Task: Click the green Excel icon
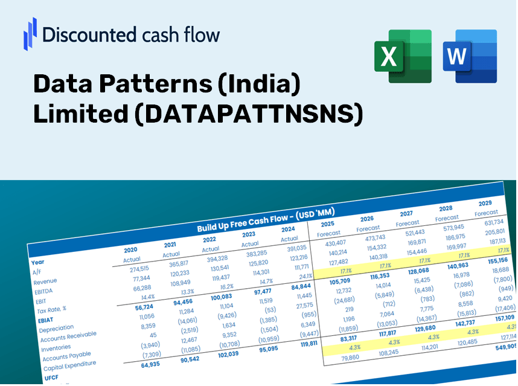coord(403,56)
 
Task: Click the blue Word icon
coord(469,56)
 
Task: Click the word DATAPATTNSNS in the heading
coord(248,114)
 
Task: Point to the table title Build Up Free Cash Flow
coord(266,220)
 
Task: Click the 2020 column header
coord(130,249)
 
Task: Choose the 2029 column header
coord(485,203)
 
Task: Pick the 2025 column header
coord(327,224)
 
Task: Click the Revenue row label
coord(45,281)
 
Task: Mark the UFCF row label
coord(51,378)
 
